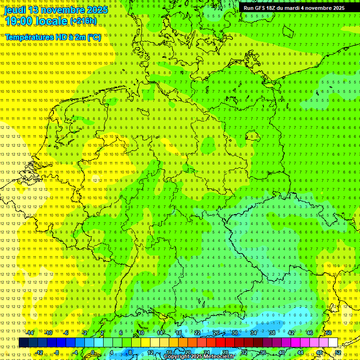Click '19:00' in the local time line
(x=19, y=21)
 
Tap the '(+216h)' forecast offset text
(x=83, y=21)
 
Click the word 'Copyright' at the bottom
(x=177, y=357)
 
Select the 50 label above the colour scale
(x=329, y=333)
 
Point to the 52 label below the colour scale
(x=338, y=352)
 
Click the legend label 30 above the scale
(x=235, y=333)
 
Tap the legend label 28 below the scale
(x=225, y=352)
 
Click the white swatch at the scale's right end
(x=333, y=343)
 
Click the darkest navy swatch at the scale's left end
(x=23, y=343)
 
